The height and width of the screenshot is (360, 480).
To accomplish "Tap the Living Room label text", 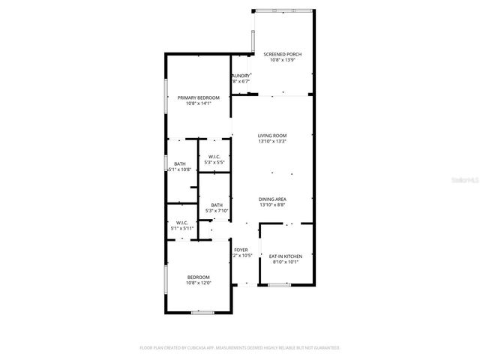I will [x=273, y=136].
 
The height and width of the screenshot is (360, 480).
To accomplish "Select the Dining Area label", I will [x=273, y=199].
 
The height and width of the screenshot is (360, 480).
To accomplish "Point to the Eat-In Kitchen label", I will [x=285, y=256].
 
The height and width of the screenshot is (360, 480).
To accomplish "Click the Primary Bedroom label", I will [x=199, y=97].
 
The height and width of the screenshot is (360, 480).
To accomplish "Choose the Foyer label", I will [x=241, y=250].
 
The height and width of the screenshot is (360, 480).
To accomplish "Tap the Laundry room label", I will [x=241, y=76].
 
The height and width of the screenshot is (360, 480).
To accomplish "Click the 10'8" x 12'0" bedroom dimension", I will [x=199, y=283].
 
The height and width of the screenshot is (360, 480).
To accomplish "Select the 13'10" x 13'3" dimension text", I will [x=273, y=142].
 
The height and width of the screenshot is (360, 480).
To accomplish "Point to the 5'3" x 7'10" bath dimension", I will [x=216, y=211].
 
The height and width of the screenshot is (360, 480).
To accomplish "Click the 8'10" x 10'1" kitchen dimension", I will [x=285, y=262].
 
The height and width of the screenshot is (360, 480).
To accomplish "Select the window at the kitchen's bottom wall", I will [x=279, y=284].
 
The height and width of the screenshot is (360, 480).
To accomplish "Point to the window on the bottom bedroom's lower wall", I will [x=200, y=312].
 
